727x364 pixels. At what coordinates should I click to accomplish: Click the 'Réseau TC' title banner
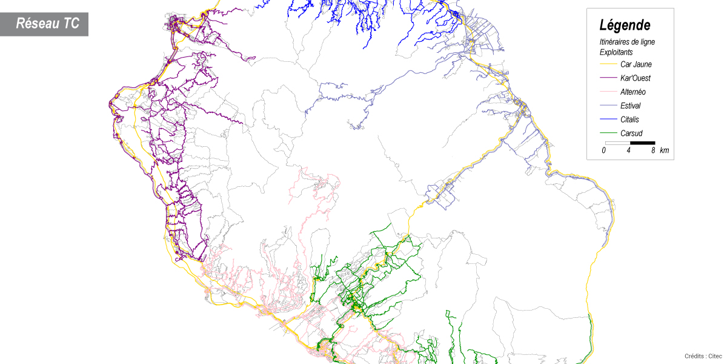[x=47, y=24]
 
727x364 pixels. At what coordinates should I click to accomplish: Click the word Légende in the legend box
[x=625, y=25]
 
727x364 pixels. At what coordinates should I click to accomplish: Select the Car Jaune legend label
[x=636, y=64]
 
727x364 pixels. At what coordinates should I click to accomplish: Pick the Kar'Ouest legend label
[x=636, y=78]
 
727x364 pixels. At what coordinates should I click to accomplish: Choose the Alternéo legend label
[x=633, y=92]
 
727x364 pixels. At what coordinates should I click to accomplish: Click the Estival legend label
[x=631, y=106]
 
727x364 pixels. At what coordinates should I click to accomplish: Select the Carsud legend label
[x=631, y=133]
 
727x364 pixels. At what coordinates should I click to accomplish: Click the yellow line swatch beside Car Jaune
[x=608, y=64]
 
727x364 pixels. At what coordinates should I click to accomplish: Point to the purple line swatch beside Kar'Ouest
[x=608, y=78]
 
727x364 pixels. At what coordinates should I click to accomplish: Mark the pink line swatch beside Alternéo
[x=608, y=92]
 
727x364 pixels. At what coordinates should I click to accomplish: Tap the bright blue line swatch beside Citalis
[x=608, y=120]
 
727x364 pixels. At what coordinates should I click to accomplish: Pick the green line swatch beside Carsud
[x=608, y=133]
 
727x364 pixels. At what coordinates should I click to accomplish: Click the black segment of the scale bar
[x=642, y=143]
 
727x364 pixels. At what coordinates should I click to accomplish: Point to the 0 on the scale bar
[x=604, y=150]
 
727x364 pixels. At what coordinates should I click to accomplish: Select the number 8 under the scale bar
[x=653, y=150]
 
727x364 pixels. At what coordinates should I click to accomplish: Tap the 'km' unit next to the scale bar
[x=665, y=150]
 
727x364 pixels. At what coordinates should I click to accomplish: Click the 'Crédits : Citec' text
[x=703, y=356]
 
